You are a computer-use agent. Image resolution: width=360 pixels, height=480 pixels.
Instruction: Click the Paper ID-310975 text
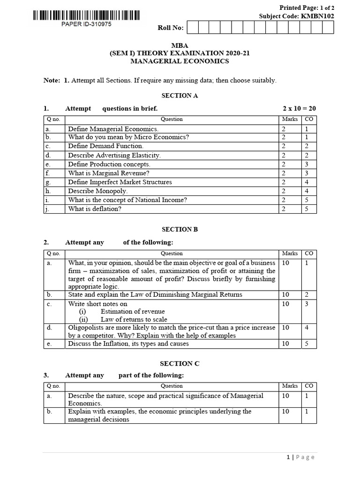point(87,24)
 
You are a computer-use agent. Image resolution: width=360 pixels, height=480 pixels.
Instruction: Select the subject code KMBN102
point(317,16)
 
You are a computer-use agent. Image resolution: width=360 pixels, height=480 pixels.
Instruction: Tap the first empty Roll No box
point(192,28)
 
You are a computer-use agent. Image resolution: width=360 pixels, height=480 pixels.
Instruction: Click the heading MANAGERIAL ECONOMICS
point(180,61)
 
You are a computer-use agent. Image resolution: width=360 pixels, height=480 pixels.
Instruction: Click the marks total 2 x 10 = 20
point(299,108)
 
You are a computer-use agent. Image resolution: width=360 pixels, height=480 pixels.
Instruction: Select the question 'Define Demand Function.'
point(105,146)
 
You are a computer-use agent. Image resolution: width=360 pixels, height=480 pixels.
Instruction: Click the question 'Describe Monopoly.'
point(97,191)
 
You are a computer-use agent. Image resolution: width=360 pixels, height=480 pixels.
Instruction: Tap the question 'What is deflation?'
point(95,209)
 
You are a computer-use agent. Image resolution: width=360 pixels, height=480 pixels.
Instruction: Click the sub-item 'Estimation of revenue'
point(133,312)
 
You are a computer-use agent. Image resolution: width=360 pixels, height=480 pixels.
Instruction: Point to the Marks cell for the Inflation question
point(285,344)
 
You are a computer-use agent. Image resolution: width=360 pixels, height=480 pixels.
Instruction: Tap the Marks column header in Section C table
point(290,386)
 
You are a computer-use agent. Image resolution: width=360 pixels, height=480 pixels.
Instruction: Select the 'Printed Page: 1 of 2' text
point(307,7)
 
